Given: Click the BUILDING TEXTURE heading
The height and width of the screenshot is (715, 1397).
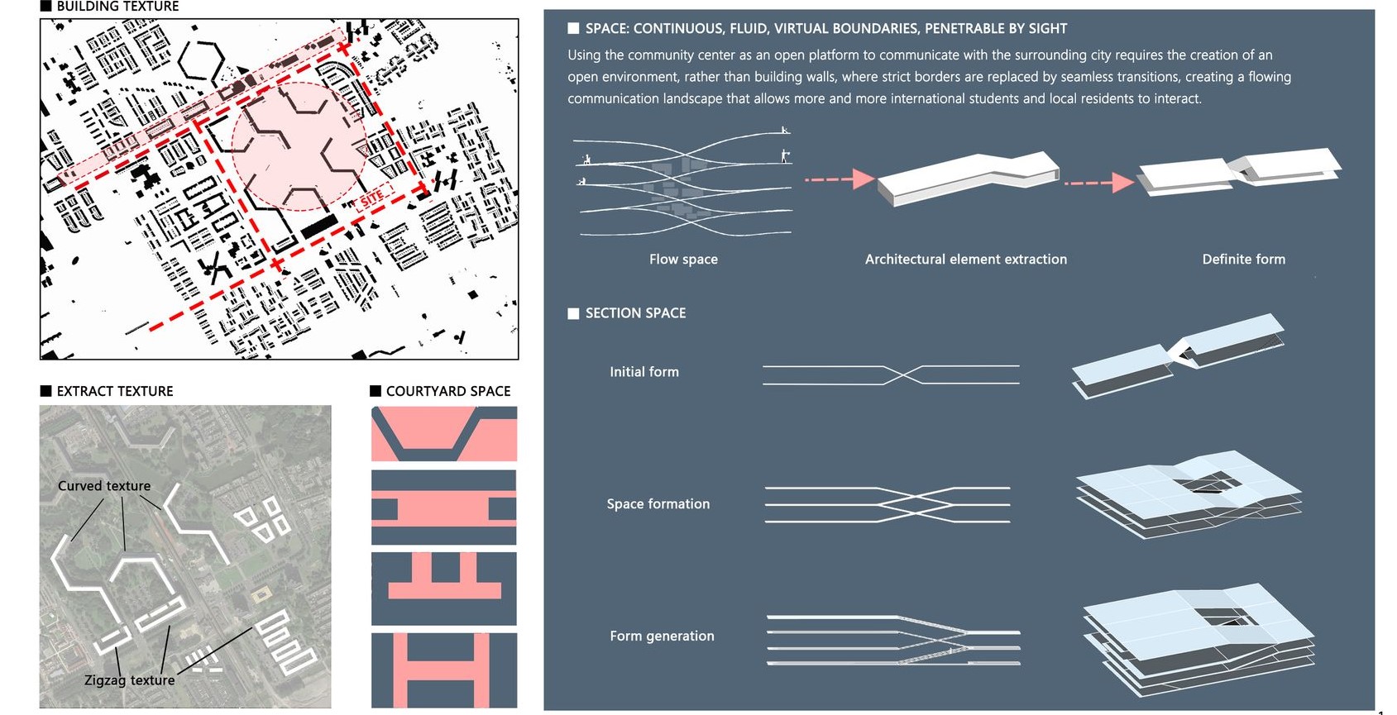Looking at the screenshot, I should click(117, 7).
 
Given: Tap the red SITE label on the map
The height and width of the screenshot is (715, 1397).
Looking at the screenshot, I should click(372, 197).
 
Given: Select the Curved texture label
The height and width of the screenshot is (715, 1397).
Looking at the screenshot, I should click(104, 486).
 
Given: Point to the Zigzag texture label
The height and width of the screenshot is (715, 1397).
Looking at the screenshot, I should click(130, 680).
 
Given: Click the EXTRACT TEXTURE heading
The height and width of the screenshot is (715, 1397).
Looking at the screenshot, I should click(114, 391).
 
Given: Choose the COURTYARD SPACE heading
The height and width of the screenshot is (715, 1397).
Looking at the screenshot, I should click(447, 391).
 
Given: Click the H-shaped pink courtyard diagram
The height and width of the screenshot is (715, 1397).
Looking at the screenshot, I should click(443, 670).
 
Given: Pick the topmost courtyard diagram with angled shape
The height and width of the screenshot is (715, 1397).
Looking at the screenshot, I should click(443, 434).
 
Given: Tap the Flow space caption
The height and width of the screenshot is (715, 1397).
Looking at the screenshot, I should click(683, 260).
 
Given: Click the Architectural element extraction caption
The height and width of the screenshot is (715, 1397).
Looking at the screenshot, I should click(965, 260).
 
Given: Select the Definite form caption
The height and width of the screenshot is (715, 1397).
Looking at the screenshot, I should click(1243, 260).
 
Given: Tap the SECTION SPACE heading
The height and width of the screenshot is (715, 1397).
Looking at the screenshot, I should click(635, 313).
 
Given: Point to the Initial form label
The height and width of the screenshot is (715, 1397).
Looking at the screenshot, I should click(644, 372).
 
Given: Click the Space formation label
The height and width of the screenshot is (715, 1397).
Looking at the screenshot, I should click(658, 504).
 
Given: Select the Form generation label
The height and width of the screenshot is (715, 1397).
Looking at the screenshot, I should click(662, 636).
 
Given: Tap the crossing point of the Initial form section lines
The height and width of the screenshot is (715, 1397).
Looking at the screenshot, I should click(904, 375).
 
